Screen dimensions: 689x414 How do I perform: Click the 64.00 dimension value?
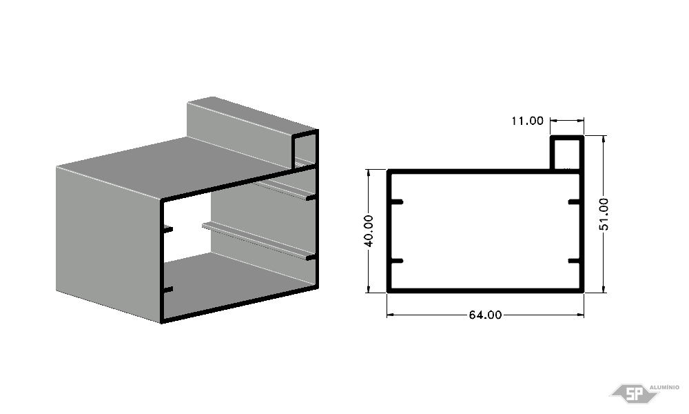(485, 315)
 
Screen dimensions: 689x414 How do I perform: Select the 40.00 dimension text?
(369, 230)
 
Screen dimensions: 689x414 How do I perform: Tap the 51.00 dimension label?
(604, 214)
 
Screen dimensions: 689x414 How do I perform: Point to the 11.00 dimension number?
(527, 121)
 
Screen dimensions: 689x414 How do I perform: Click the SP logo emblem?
(633, 393)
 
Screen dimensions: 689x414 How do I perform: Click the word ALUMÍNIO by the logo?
(664, 387)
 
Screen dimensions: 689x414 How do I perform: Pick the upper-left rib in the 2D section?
(396, 202)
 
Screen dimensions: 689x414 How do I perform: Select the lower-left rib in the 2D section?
(396, 261)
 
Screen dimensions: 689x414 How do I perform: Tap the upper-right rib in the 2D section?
(575, 202)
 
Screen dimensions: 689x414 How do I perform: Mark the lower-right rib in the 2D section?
(575, 261)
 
